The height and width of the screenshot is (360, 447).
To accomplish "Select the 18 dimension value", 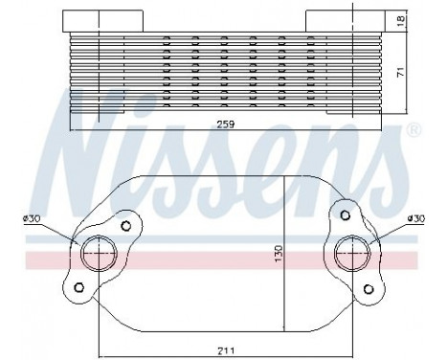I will [x=401, y=19].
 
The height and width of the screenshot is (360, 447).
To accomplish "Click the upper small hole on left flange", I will [x=125, y=227].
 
